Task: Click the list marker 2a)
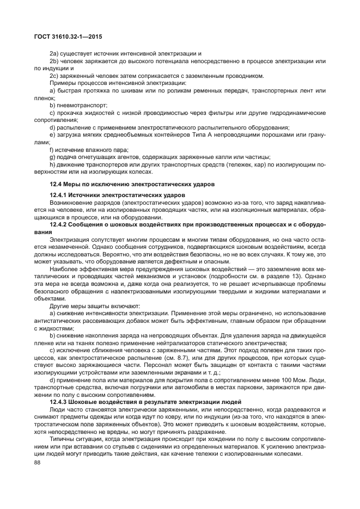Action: coord(53,53)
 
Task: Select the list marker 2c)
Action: coord(53,76)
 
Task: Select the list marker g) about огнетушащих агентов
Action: coord(52,157)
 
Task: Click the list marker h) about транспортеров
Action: coord(52,164)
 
